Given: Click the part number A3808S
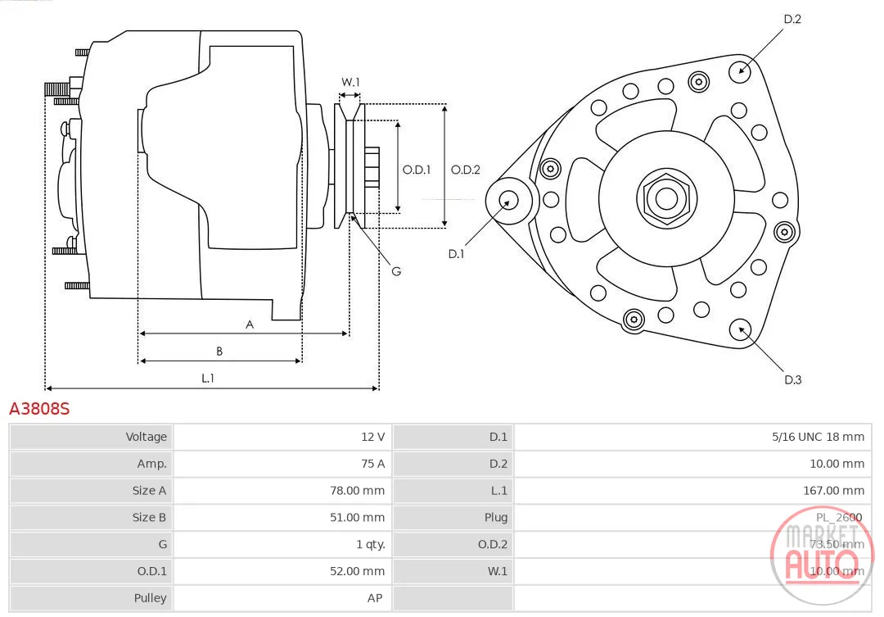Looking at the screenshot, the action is coord(39,408).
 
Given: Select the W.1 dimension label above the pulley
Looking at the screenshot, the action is coord(350,82).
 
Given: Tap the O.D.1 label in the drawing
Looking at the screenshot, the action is coord(417,170).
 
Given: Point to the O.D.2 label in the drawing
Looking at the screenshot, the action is coord(466,170).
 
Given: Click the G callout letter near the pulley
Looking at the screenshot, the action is coord(396,271).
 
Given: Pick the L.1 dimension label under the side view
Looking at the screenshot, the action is coord(208,378).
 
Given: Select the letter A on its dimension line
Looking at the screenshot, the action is coord(250,324).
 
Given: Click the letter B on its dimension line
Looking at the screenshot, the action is coord(219,352).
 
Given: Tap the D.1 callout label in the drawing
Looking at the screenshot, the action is coord(456,254).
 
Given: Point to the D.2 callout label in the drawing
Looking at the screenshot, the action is coord(792,19).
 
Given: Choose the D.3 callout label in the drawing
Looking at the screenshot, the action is coord(792,380).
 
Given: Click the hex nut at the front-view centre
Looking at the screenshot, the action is coord(667,198).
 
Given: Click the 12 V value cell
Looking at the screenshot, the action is coord(372,437).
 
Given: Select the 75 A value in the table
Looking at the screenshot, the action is coord(372,464).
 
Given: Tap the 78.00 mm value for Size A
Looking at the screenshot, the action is coord(358,491).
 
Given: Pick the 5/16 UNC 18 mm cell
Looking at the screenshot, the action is coord(818,437).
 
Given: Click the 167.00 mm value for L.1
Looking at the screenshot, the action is coord(834,491).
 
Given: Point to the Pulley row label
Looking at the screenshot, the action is coord(150,598).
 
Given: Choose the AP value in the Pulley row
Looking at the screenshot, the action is coord(375,598).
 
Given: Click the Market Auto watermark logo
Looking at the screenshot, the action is coord(822,555).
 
